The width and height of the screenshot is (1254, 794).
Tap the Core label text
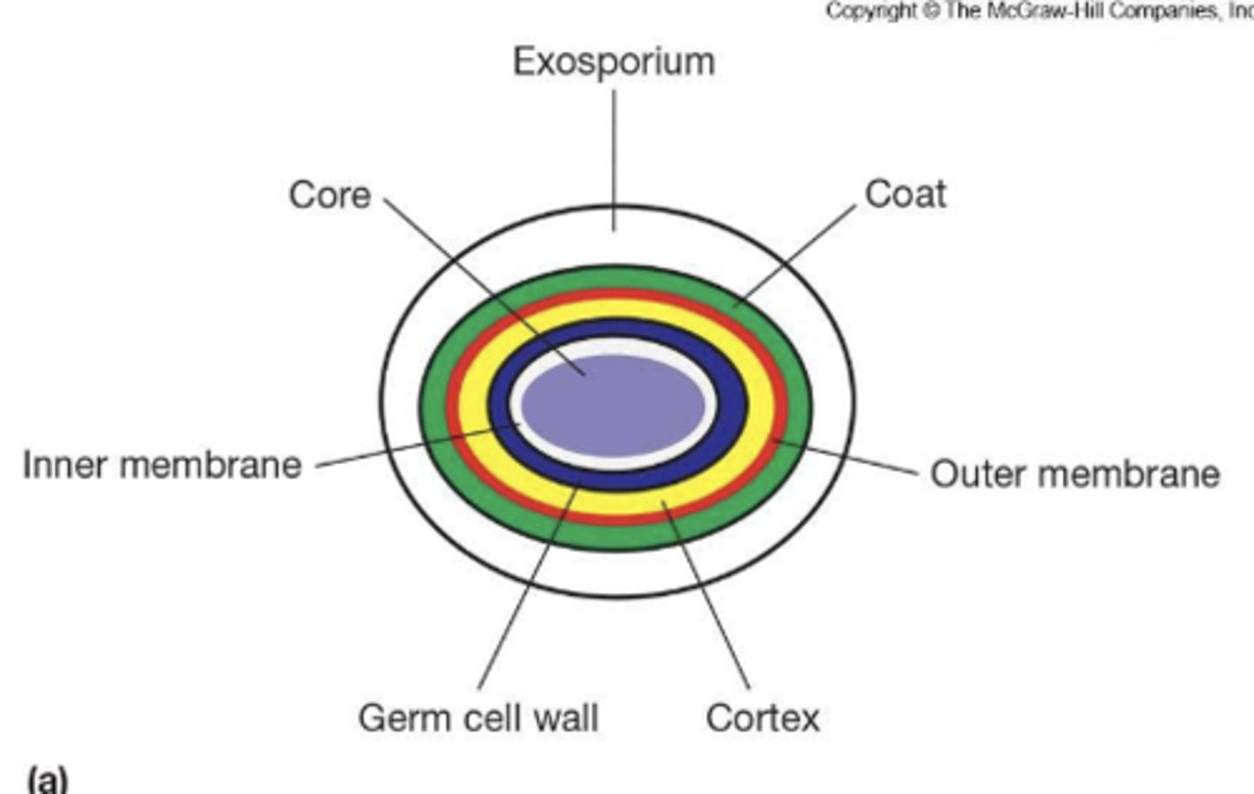click(x=330, y=195)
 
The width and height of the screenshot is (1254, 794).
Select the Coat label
click(x=905, y=194)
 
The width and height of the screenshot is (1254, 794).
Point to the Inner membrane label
click(x=162, y=465)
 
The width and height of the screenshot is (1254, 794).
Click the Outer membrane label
click(x=1075, y=474)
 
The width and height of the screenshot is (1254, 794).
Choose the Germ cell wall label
click(x=478, y=718)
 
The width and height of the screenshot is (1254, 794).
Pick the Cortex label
click(x=763, y=718)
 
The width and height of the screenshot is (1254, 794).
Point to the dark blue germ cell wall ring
click(x=736, y=409)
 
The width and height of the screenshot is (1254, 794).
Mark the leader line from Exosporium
click(x=615, y=157)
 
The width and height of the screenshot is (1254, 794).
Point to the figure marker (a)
click(x=47, y=777)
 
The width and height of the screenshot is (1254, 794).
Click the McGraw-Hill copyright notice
click(x=1036, y=11)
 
